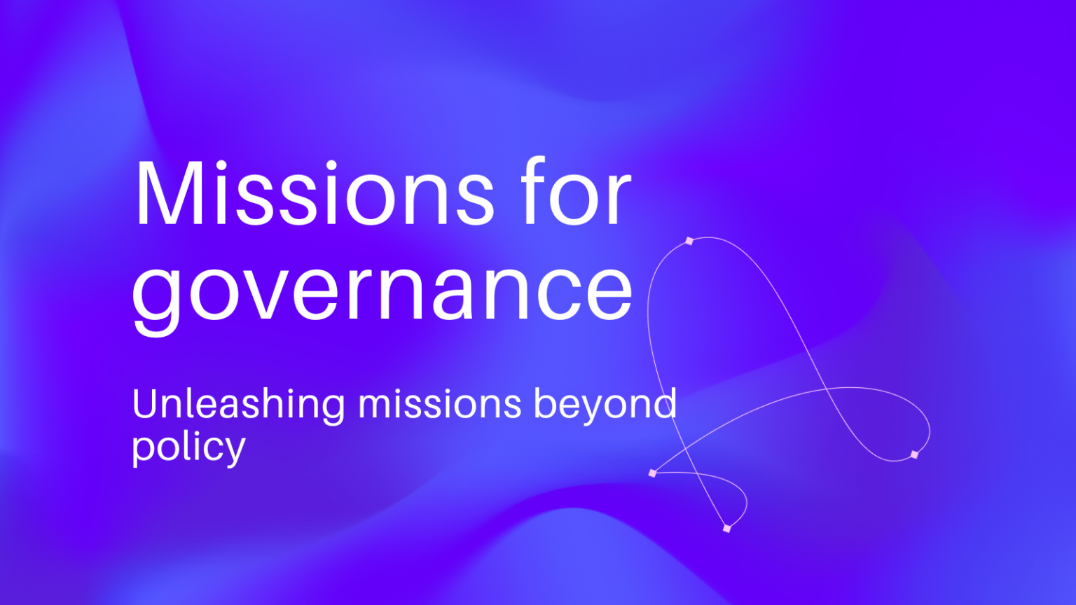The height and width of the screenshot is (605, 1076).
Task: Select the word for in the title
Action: [576, 190]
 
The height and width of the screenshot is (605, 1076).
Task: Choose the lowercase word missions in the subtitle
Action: [439, 403]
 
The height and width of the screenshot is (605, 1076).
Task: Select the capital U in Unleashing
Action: [146, 404]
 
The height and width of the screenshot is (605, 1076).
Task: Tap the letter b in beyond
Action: [546, 403]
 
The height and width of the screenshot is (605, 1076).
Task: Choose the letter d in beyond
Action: [665, 403]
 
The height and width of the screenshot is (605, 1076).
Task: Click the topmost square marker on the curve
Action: [689, 241]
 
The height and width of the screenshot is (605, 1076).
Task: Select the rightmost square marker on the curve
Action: [914, 454]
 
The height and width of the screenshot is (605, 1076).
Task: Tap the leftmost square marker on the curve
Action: [652, 473]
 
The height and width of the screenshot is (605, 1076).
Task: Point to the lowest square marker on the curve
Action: [726, 528]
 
